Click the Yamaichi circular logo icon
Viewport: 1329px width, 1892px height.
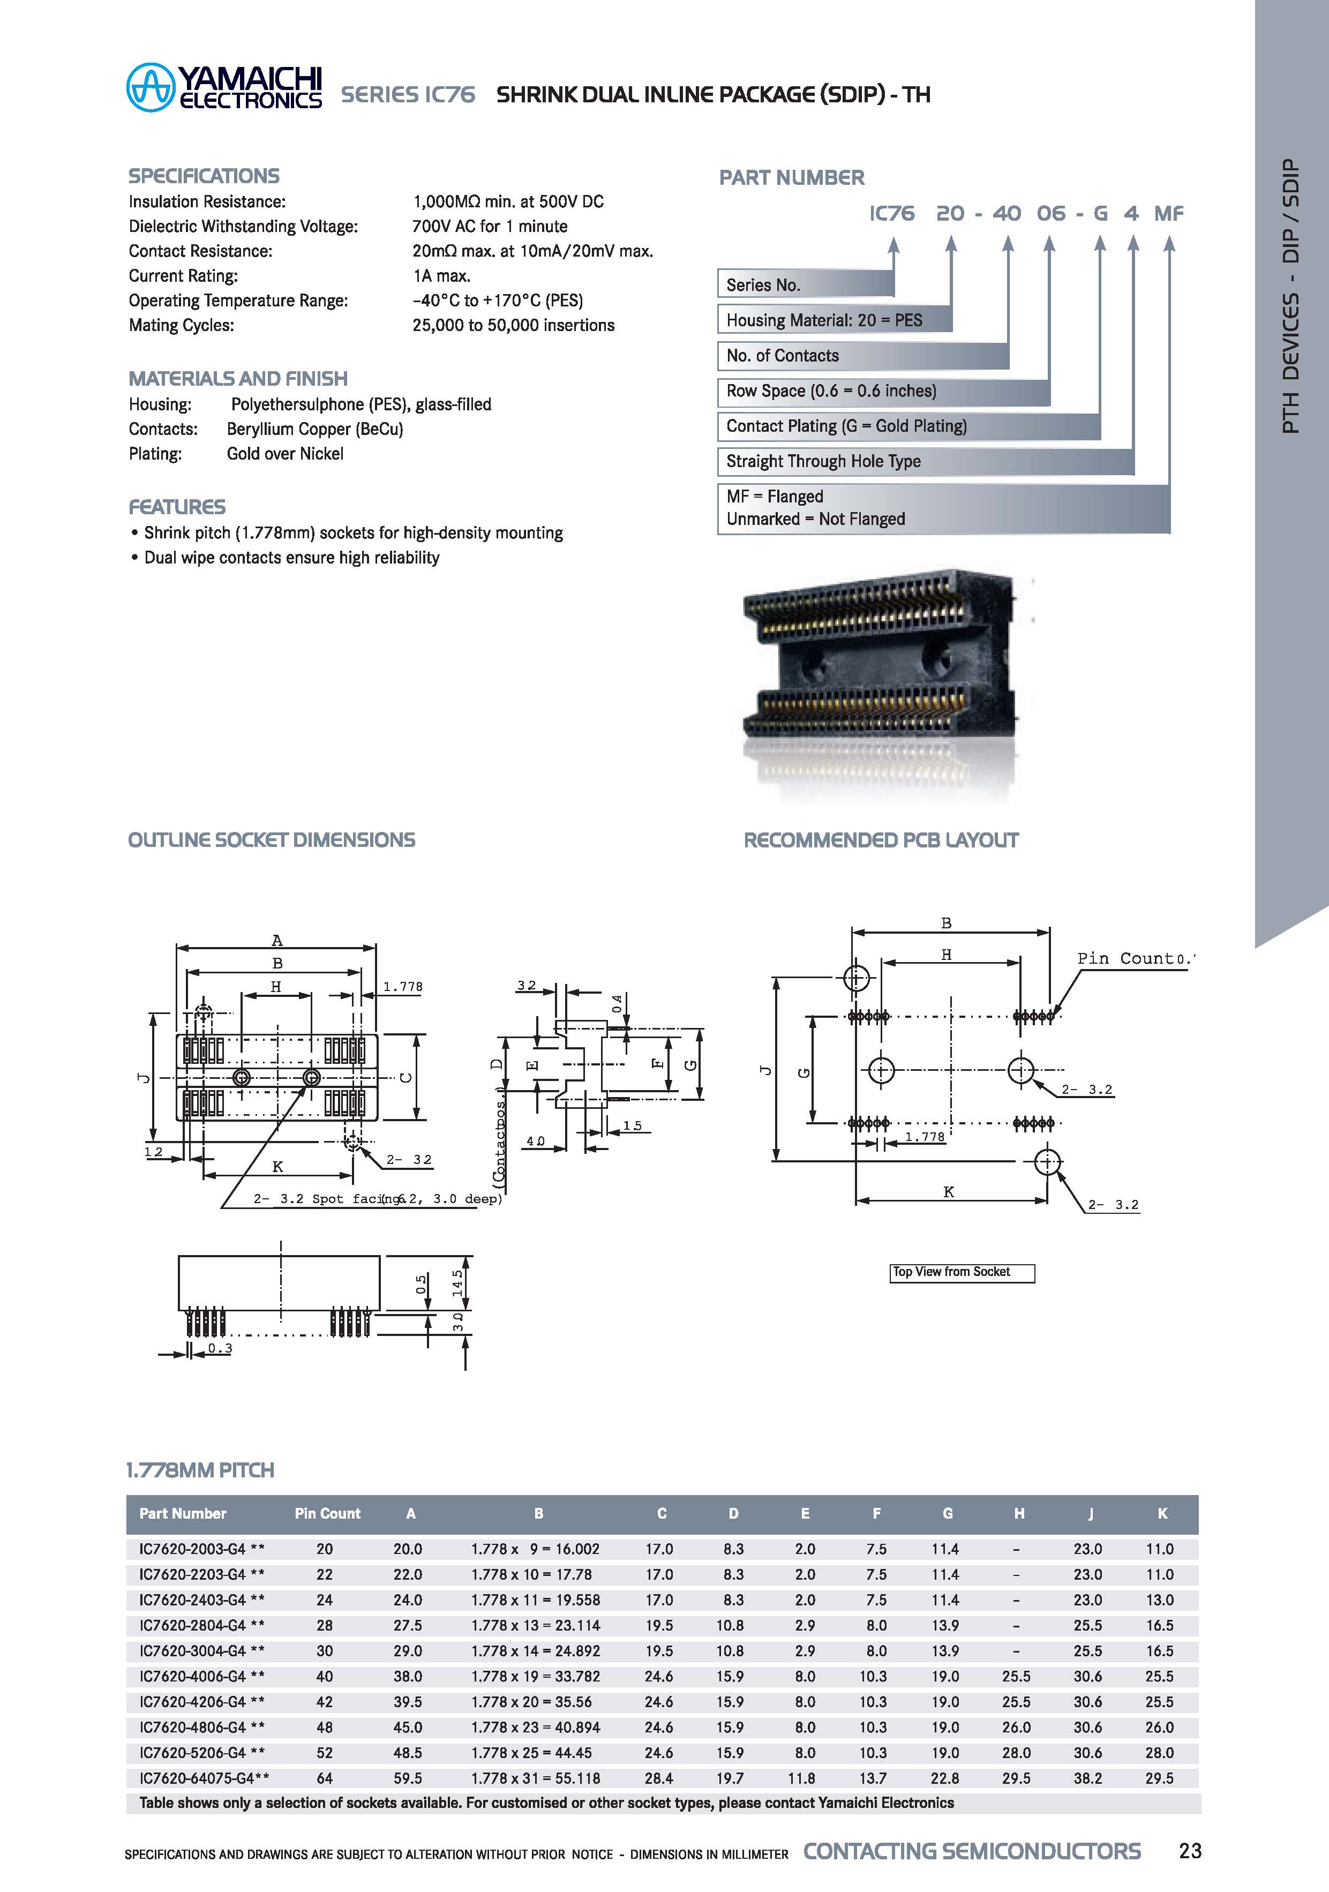pos(151,87)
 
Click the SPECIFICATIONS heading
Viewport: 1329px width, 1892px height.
pos(204,176)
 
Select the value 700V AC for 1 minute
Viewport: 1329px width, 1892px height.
pos(490,226)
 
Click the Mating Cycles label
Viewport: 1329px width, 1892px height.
pos(181,326)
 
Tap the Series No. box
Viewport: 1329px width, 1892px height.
pos(805,285)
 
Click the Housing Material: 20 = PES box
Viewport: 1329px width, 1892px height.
pos(834,320)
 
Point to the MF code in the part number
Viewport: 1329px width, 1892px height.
pos(1168,213)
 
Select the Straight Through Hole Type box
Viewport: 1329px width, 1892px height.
pos(925,461)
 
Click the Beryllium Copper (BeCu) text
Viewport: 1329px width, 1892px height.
pos(315,429)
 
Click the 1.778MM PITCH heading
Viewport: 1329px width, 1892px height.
pos(200,1470)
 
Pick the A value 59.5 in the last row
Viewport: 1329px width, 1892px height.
pos(408,1778)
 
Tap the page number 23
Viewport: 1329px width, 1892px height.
pos(1190,1851)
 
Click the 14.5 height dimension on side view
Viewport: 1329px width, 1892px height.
pos(458,1282)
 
